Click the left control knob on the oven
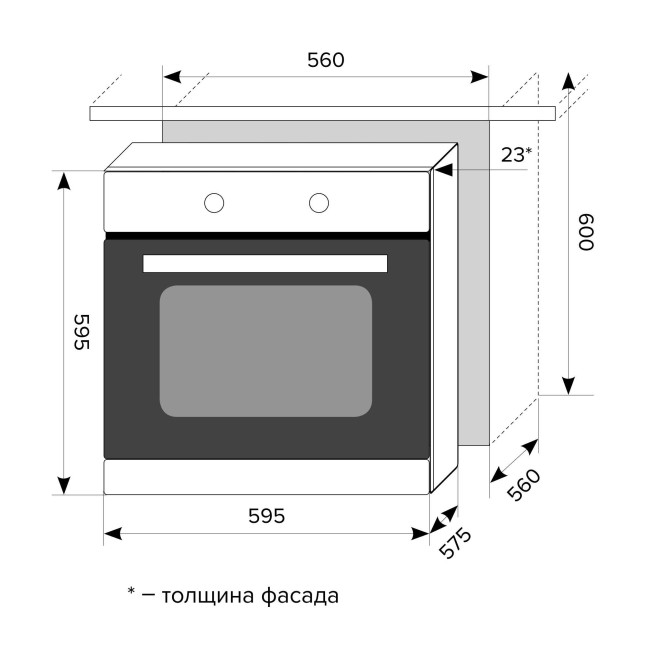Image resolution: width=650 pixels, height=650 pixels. click(214, 203)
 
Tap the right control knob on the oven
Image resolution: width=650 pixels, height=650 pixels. click(319, 203)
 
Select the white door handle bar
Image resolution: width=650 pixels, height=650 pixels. click(265, 263)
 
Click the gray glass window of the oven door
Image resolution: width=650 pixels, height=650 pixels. click(265, 350)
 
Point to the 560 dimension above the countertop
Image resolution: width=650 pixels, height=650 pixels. click(325, 60)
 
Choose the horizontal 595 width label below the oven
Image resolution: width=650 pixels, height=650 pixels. click(267, 516)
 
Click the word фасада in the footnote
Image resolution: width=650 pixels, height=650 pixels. click(299, 597)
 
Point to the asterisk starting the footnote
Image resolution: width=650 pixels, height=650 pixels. click(131, 593)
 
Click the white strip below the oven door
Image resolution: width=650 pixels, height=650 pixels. click(267, 476)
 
